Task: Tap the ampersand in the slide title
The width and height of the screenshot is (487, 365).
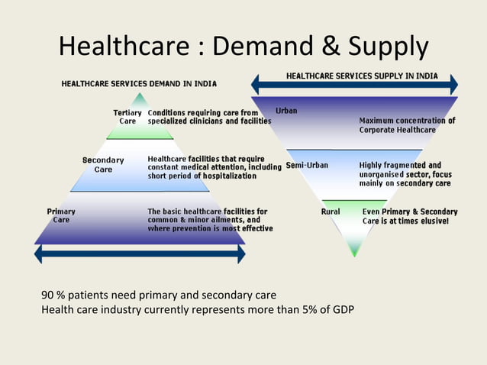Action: (326, 47)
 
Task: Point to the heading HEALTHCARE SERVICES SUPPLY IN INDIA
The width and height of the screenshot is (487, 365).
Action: (362, 76)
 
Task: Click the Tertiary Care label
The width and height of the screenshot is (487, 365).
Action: (127, 117)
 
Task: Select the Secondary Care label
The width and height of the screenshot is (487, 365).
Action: (103, 164)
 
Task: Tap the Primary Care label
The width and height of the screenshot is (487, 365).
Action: (61, 215)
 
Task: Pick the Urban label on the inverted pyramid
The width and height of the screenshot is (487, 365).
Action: (286, 111)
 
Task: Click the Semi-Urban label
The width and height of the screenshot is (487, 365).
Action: (307, 166)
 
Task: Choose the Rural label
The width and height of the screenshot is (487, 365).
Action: (331, 212)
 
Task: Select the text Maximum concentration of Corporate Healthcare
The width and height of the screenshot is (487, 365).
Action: (407, 125)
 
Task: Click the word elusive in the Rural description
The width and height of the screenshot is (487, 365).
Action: (432, 221)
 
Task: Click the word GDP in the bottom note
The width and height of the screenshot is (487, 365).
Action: (341, 309)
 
